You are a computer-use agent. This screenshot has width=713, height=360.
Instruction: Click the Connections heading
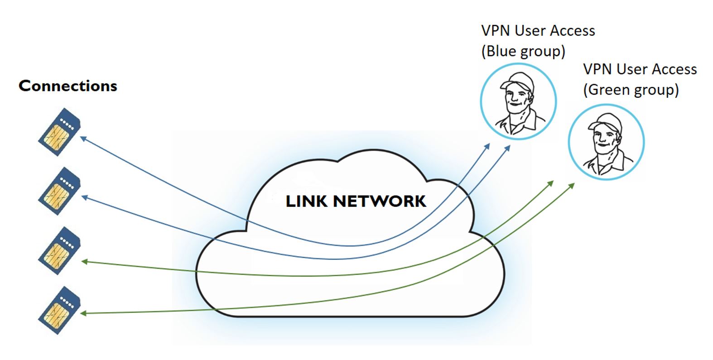[68, 86]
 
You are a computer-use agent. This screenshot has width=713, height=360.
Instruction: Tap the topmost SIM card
[59, 132]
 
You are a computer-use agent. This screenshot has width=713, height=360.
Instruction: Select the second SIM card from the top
[59, 191]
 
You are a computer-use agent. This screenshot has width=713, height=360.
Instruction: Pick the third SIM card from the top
[59, 250]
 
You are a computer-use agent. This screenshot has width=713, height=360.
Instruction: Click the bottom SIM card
[59, 310]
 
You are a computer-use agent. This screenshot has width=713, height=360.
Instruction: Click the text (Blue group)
[523, 51]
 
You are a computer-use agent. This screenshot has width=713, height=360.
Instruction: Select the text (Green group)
[631, 90]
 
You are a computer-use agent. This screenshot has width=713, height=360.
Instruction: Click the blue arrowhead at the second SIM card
[84, 197]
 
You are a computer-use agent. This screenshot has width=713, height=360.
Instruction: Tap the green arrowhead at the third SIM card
[84, 261]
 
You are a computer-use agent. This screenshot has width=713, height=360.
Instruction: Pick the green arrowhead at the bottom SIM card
[84, 313]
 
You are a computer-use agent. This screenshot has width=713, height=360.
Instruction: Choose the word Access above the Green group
[674, 69]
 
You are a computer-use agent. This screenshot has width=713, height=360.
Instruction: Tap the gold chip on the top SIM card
[57, 136]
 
